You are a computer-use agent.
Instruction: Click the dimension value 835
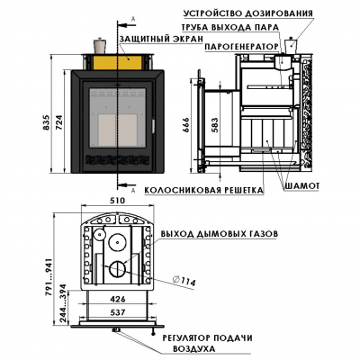click(x=47, y=122)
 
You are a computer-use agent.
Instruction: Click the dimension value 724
click(x=60, y=122)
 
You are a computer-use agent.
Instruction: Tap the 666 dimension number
click(x=186, y=126)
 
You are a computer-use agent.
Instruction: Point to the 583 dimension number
click(x=215, y=125)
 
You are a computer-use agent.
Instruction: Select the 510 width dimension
click(x=117, y=200)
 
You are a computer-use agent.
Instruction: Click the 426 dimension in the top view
click(x=117, y=299)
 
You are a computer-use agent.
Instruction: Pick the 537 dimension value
click(x=117, y=312)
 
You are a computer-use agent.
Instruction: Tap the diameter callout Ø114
click(x=184, y=281)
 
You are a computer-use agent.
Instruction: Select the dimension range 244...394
click(x=64, y=303)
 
